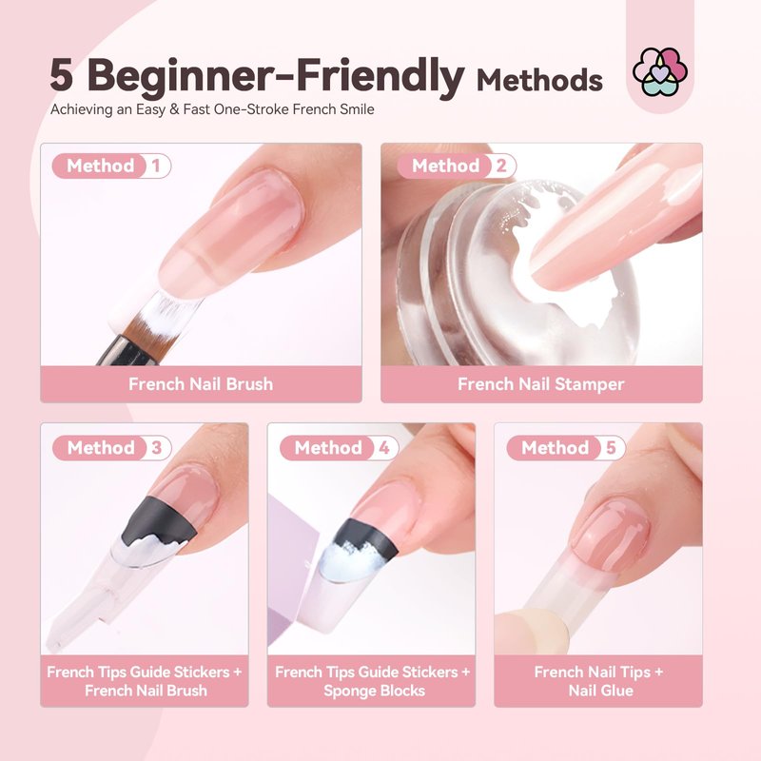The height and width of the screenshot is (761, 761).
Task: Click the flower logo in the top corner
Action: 659,71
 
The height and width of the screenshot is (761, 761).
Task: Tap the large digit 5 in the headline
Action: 61,75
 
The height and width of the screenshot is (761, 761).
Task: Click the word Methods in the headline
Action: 539,80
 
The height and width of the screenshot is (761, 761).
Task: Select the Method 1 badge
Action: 111,166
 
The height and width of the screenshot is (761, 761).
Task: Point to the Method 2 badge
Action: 457,166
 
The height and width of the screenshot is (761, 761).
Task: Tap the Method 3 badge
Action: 111,447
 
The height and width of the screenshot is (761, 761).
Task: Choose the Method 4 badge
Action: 339,447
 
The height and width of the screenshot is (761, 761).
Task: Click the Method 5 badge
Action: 566,447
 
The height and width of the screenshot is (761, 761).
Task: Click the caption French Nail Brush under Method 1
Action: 201,384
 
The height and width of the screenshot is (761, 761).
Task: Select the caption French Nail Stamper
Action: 540,384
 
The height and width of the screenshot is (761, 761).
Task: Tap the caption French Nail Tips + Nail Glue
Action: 599,681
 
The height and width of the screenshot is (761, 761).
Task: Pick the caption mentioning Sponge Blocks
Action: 372,681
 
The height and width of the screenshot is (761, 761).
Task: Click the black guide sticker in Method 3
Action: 158,522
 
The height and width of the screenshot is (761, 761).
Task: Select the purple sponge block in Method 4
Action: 290,569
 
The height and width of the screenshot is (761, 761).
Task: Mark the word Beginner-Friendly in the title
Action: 276,76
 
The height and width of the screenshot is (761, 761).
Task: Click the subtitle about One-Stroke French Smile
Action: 212,109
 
